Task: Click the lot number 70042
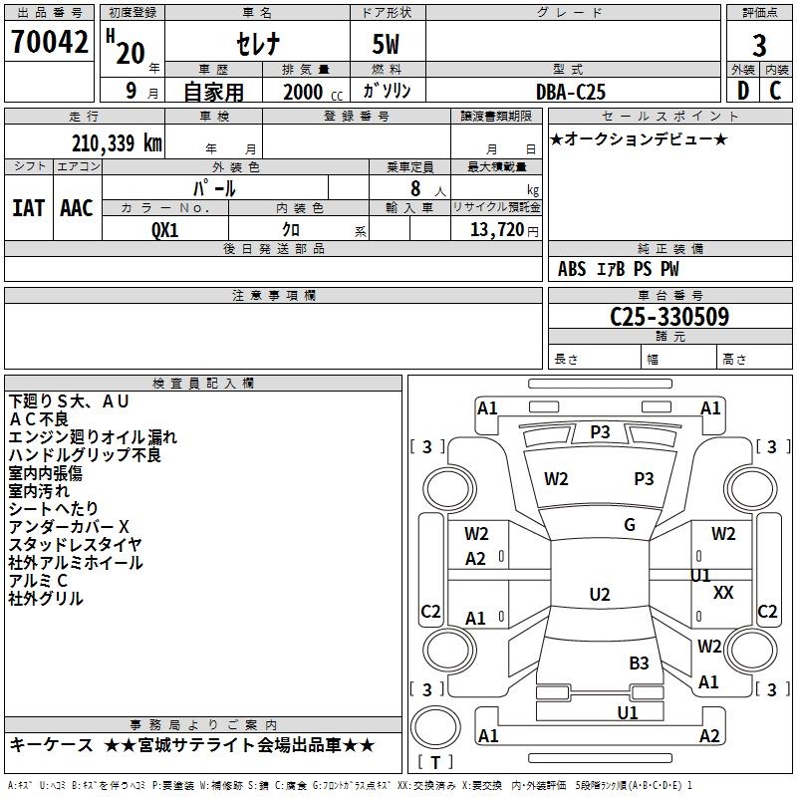49,43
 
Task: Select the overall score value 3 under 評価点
759,46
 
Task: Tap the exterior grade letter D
742,90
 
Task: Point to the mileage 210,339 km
117,142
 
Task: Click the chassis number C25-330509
669,317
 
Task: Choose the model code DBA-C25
571,91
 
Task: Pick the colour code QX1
165,228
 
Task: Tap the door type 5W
387,46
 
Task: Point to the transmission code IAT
28,207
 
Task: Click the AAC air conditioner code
77,207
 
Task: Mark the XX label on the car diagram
724,593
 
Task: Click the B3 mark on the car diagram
639,663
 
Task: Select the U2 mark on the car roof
599,595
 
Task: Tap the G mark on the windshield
630,525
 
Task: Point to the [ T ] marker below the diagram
435,762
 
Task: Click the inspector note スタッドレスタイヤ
75,545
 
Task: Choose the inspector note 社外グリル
46,599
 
